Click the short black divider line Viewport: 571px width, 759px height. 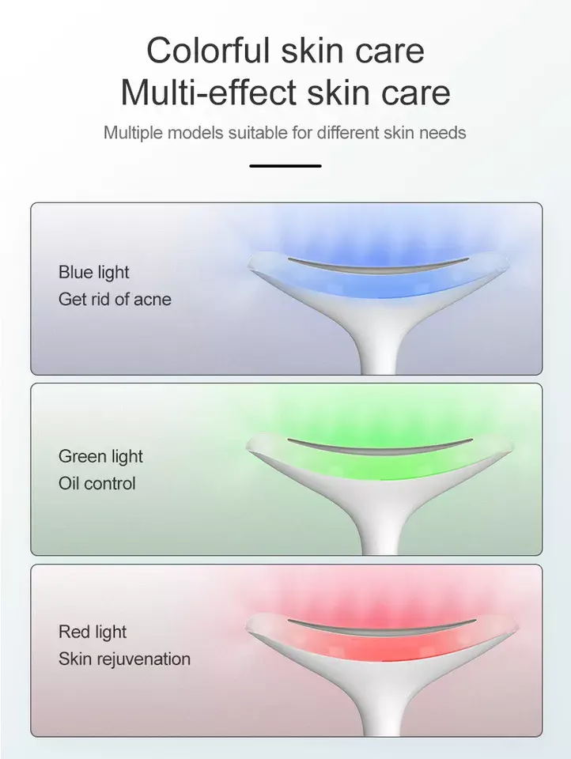(285, 166)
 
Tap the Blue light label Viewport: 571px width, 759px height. (93, 273)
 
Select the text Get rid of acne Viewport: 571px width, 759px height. (115, 299)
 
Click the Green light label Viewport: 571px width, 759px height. (100, 456)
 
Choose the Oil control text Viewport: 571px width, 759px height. (97, 483)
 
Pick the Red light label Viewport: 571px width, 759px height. (93, 632)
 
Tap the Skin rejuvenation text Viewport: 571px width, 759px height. (124, 659)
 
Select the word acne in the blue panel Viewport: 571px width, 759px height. (152, 299)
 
